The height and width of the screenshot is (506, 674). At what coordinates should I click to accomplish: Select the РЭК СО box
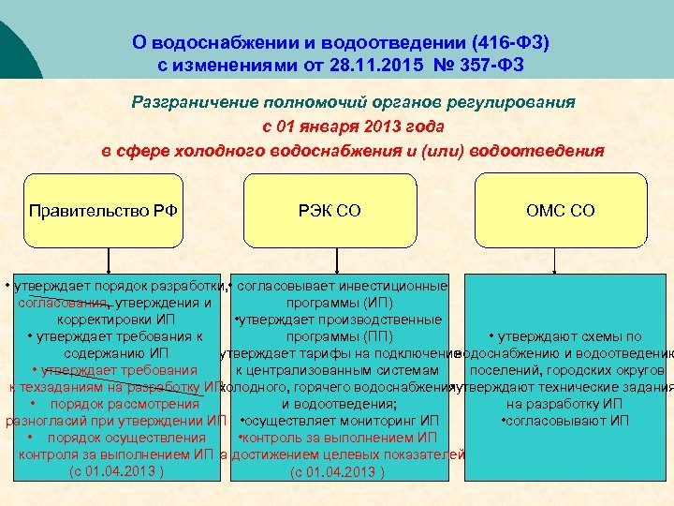(335, 211)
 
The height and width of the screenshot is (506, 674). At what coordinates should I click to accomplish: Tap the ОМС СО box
(560, 211)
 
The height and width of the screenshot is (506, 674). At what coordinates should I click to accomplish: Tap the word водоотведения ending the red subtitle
(539, 151)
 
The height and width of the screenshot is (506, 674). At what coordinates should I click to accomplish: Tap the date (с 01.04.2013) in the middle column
(338, 470)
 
